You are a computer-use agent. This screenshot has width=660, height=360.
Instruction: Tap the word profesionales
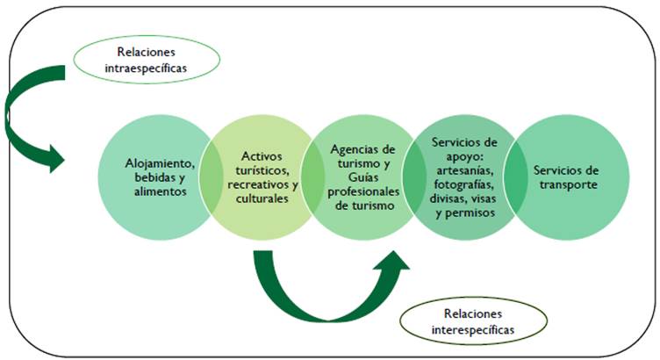[357, 191]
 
